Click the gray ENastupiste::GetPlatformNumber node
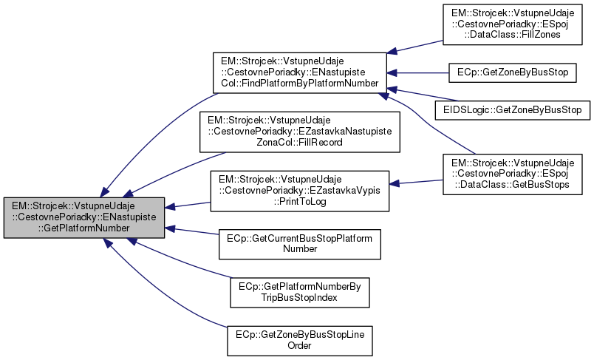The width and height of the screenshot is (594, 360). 84,217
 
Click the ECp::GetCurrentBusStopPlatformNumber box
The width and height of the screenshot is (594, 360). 300,244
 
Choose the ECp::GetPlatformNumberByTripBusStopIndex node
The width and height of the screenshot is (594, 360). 300,292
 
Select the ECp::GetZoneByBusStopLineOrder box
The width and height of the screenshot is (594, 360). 300,339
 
